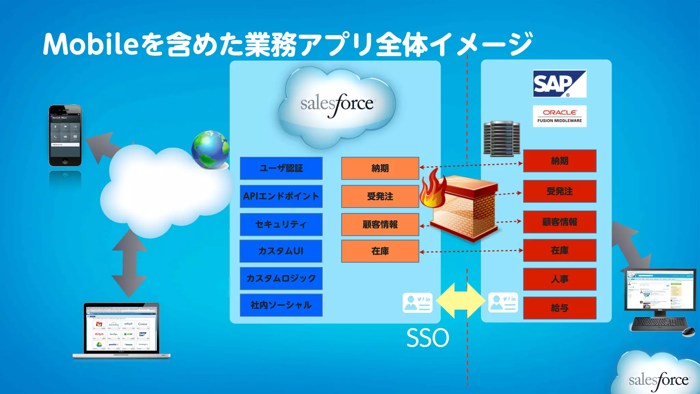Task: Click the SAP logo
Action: [x=560, y=84]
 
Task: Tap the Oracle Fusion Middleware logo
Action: [x=560, y=116]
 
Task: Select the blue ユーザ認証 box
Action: [x=281, y=168]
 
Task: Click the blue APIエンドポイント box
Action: [x=281, y=196]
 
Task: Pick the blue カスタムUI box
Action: [x=281, y=251]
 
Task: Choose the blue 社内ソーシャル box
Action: [x=281, y=305]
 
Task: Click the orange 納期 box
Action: [x=380, y=168]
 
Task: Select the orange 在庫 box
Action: [x=380, y=251]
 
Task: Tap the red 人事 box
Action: [x=560, y=279]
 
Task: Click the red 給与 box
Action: [x=560, y=308]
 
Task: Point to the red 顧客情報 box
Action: [x=560, y=222]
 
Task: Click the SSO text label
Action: [x=428, y=338]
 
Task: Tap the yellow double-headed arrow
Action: [x=461, y=301]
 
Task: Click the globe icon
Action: [x=210, y=149]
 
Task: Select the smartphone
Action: [x=65, y=136]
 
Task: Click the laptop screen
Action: [x=121, y=328]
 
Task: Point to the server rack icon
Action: [x=501, y=139]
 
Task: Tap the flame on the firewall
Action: [x=432, y=190]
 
